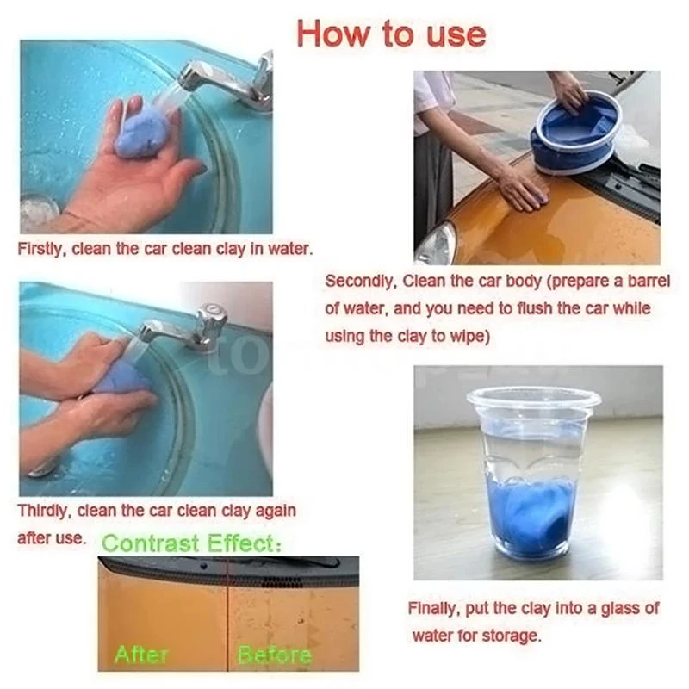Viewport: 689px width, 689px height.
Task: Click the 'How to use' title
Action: [x=390, y=34]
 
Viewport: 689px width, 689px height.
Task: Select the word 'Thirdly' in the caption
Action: [x=44, y=511]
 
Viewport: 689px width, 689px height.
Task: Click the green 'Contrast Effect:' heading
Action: [x=191, y=543]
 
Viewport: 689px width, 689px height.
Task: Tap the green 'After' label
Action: [x=142, y=655]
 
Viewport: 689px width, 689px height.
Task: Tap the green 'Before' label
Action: [x=275, y=655]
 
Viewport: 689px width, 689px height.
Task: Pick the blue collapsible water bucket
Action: [x=573, y=138]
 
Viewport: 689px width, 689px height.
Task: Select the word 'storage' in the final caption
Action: [x=508, y=636]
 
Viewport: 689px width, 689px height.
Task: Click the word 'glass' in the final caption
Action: [x=623, y=609]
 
